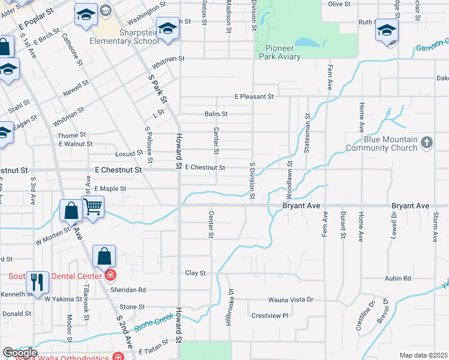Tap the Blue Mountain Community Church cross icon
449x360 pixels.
[426, 143]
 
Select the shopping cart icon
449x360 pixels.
[93, 208]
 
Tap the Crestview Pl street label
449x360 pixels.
[270, 315]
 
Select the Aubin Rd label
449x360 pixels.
[398, 278]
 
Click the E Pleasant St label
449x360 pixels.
[254, 96]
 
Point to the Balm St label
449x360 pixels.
[216, 113]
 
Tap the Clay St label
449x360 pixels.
[195, 273]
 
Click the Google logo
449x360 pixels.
[20, 353]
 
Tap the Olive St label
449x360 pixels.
[339, 4]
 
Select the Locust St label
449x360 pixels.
[129, 154]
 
